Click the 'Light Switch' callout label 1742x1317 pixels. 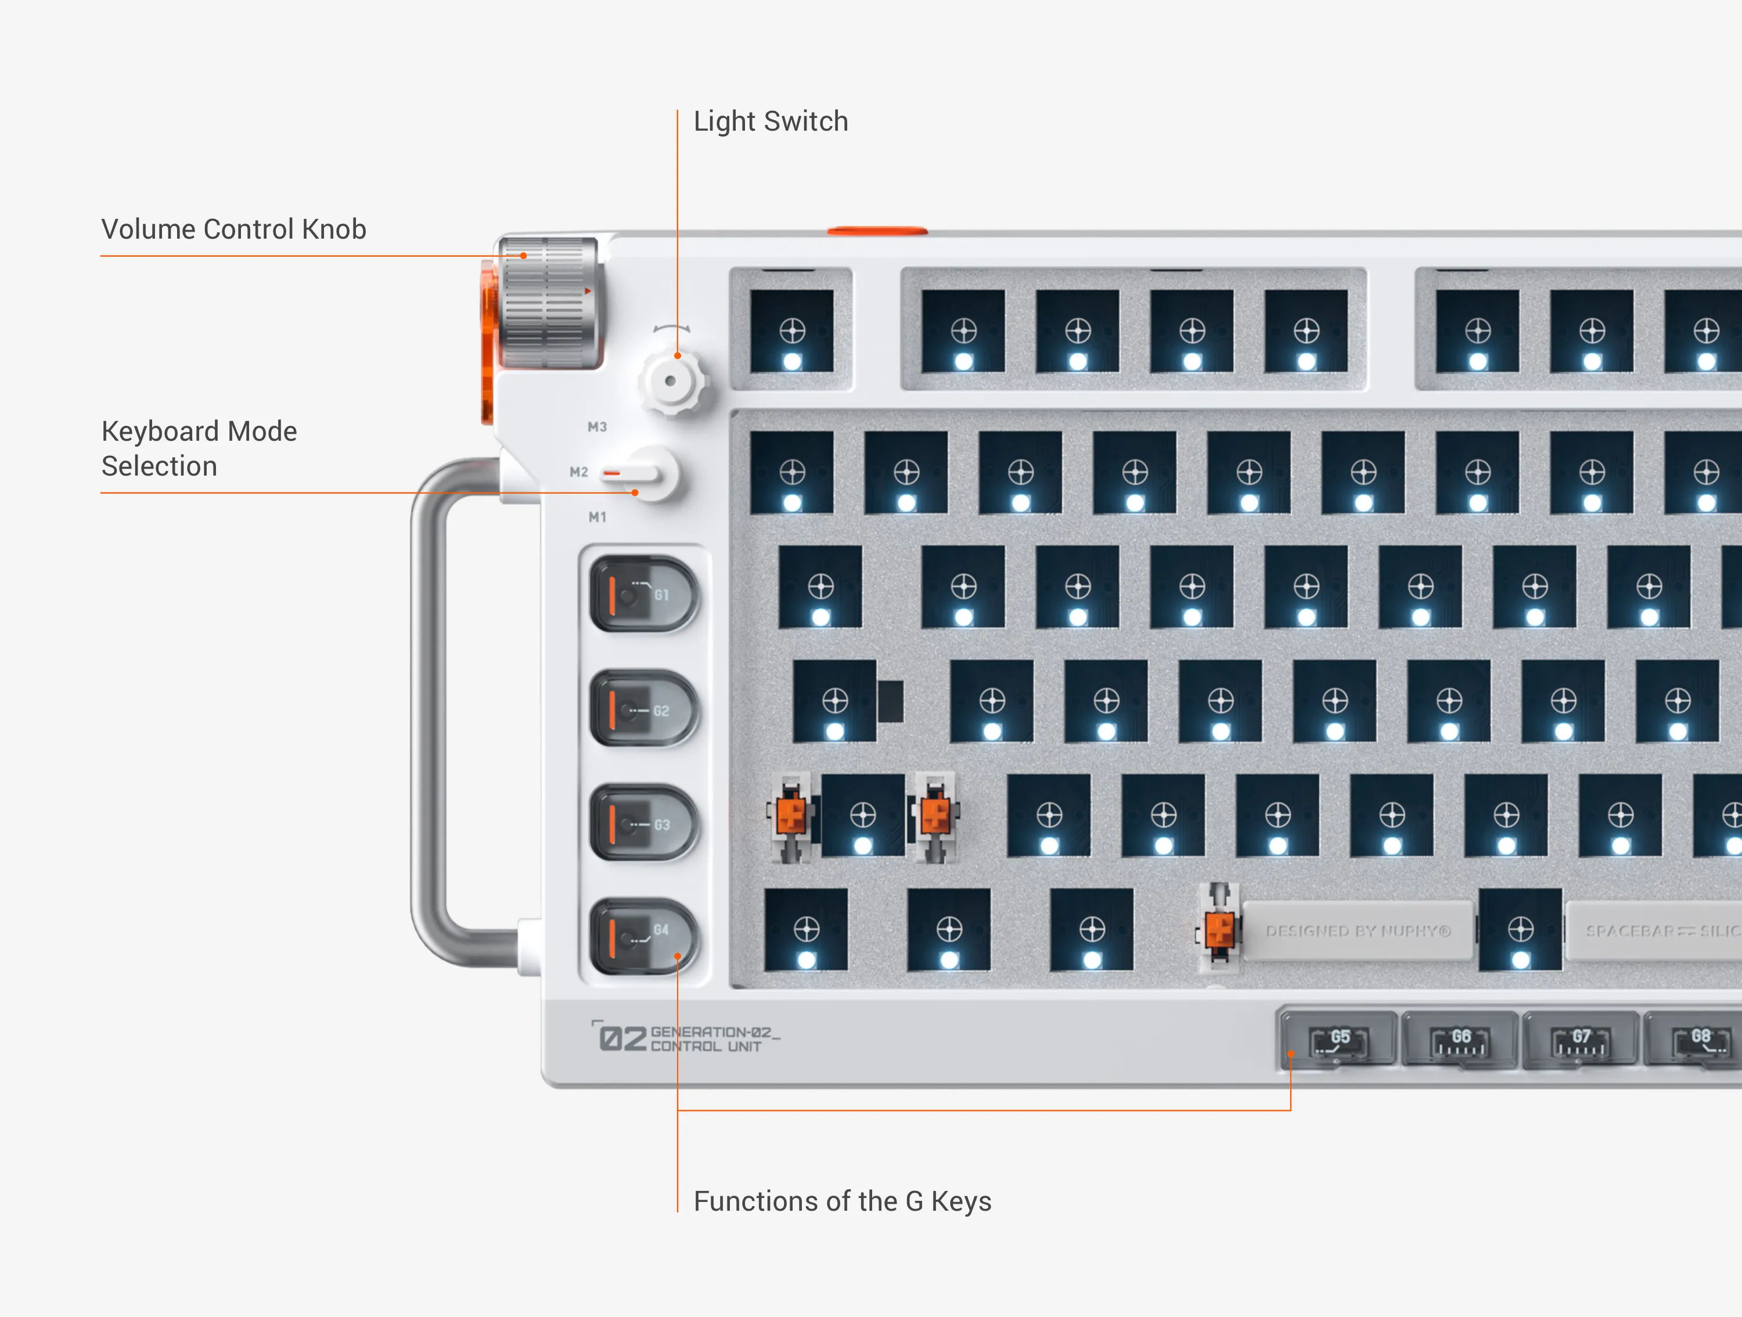pos(770,121)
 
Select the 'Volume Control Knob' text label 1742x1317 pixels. pos(233,229)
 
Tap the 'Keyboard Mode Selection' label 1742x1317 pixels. pos(199,448)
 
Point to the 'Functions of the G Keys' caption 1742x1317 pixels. pos(842,1201)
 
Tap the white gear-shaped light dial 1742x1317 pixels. pos(671,382)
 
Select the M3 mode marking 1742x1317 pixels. pos(597,427)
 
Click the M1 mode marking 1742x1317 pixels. pos(597,517)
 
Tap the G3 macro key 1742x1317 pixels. pos(643,823)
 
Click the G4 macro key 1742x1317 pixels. pos(643,937)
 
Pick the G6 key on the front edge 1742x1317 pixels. pos(1460,1041)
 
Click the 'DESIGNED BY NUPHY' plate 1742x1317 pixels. pos(1358,931)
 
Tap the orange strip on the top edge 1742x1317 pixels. pos(876,231)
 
